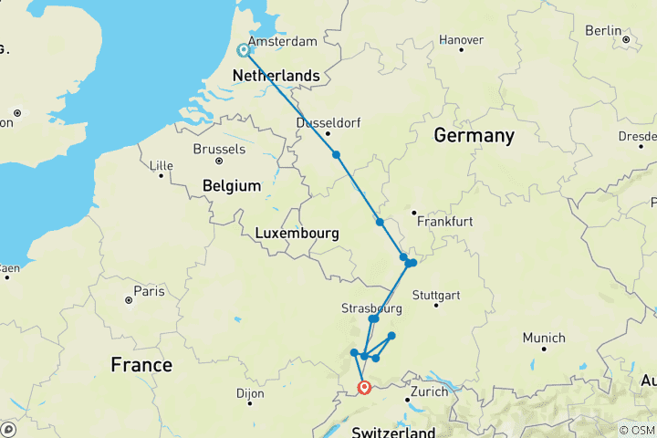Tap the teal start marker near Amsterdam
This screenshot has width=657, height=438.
pyautogui.click(x=244, y=51)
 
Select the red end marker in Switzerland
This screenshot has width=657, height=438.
pyautogui.click(x=364, y=388)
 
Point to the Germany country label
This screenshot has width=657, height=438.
pyautogui.click(x=474, y=136)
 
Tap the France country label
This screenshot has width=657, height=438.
pyautogui.click(x=141, y=365)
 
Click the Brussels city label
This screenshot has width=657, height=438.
pyautogui.click(x=219, y=149)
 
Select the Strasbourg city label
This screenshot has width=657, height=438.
pyautogui.click(x=371, y=308)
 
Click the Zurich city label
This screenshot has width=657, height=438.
pyautogui.click(x=429, y=391)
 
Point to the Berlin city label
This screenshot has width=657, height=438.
pyautogui.click(x=603, y=30)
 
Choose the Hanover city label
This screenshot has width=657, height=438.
pyautogui.click(x=461, y=40)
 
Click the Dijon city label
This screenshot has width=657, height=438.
pyautogui.click(x=248, y=393)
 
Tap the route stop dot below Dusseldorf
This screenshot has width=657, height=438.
pyautogui.click(x=337, y=155)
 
